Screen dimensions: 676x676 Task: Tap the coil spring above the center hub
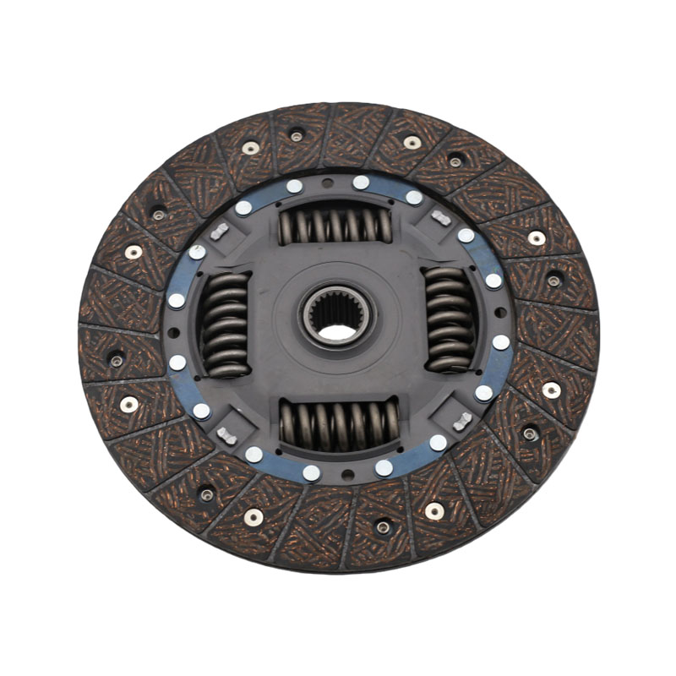335,226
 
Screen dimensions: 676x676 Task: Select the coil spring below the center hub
339,422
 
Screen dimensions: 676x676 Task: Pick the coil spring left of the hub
225,324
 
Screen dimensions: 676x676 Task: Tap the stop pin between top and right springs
440,218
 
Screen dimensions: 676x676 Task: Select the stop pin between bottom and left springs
226,436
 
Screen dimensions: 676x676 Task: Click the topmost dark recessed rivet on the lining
297,136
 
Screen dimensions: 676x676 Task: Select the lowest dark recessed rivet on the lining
383,527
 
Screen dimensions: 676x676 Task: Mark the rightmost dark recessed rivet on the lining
553,280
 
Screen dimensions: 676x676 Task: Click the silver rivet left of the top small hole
294,186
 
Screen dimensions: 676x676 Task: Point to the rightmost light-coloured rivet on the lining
551,390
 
